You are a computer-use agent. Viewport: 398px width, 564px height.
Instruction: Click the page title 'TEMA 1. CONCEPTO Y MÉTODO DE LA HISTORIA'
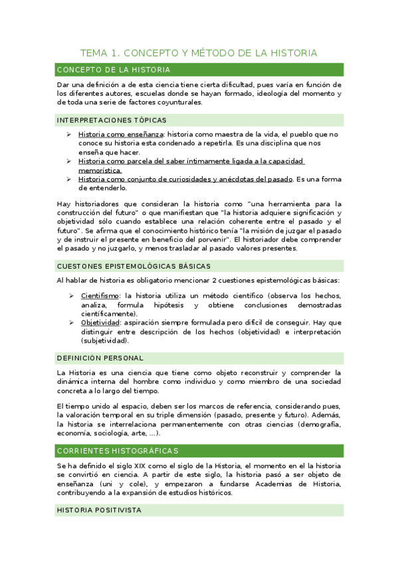(199, 53)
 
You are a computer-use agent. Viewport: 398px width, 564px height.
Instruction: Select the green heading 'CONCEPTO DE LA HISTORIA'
(114, 69)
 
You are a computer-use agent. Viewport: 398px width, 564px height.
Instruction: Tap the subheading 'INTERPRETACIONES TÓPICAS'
(112, 120)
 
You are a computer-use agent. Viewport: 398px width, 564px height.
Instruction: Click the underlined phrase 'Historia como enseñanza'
(120, 134)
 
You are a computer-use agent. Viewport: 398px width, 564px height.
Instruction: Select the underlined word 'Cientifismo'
(100, 295)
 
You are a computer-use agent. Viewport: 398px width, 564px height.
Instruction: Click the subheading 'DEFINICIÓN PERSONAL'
(100, 358)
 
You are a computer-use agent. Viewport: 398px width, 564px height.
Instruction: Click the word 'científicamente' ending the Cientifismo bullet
(109, 313)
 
